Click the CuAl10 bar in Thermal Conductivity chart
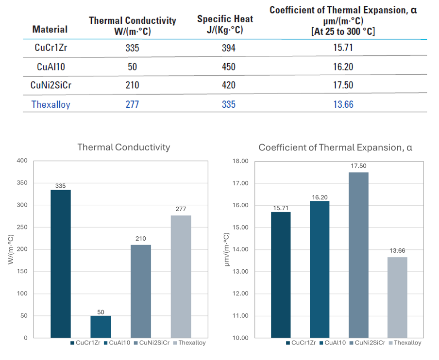101,327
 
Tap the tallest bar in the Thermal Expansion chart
358,255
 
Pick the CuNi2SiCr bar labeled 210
141,291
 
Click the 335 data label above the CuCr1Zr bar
61,185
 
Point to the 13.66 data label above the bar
397,251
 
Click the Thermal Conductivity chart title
124,147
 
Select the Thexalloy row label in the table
51,104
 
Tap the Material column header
50,29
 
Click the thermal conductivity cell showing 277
132,104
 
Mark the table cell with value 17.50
343,85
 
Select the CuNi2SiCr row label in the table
51,85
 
